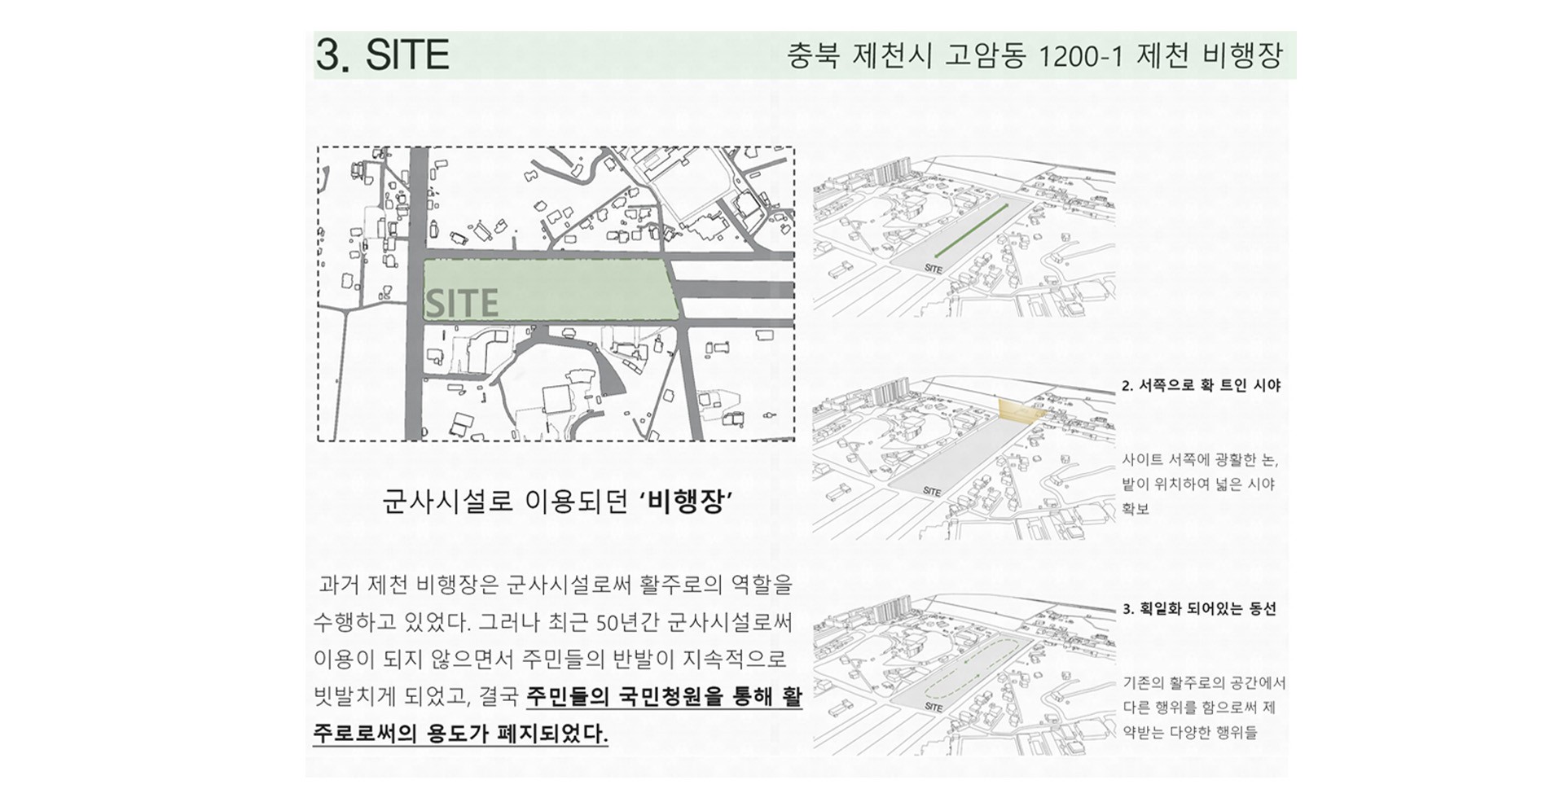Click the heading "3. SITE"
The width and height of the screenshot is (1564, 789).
click(383, 55)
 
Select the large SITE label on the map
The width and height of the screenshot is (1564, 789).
click(461, 303)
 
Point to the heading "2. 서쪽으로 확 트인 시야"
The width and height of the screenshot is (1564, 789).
click(1201, 385)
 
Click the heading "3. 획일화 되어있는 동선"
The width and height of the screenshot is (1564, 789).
click(1199, 608)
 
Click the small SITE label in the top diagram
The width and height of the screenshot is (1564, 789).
click(934, 269)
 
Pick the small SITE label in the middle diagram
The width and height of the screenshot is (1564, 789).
click(932, 492)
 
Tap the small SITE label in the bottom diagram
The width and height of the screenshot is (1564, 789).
click(934, 708)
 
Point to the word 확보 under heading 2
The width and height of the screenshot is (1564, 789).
click(1136, 509)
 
